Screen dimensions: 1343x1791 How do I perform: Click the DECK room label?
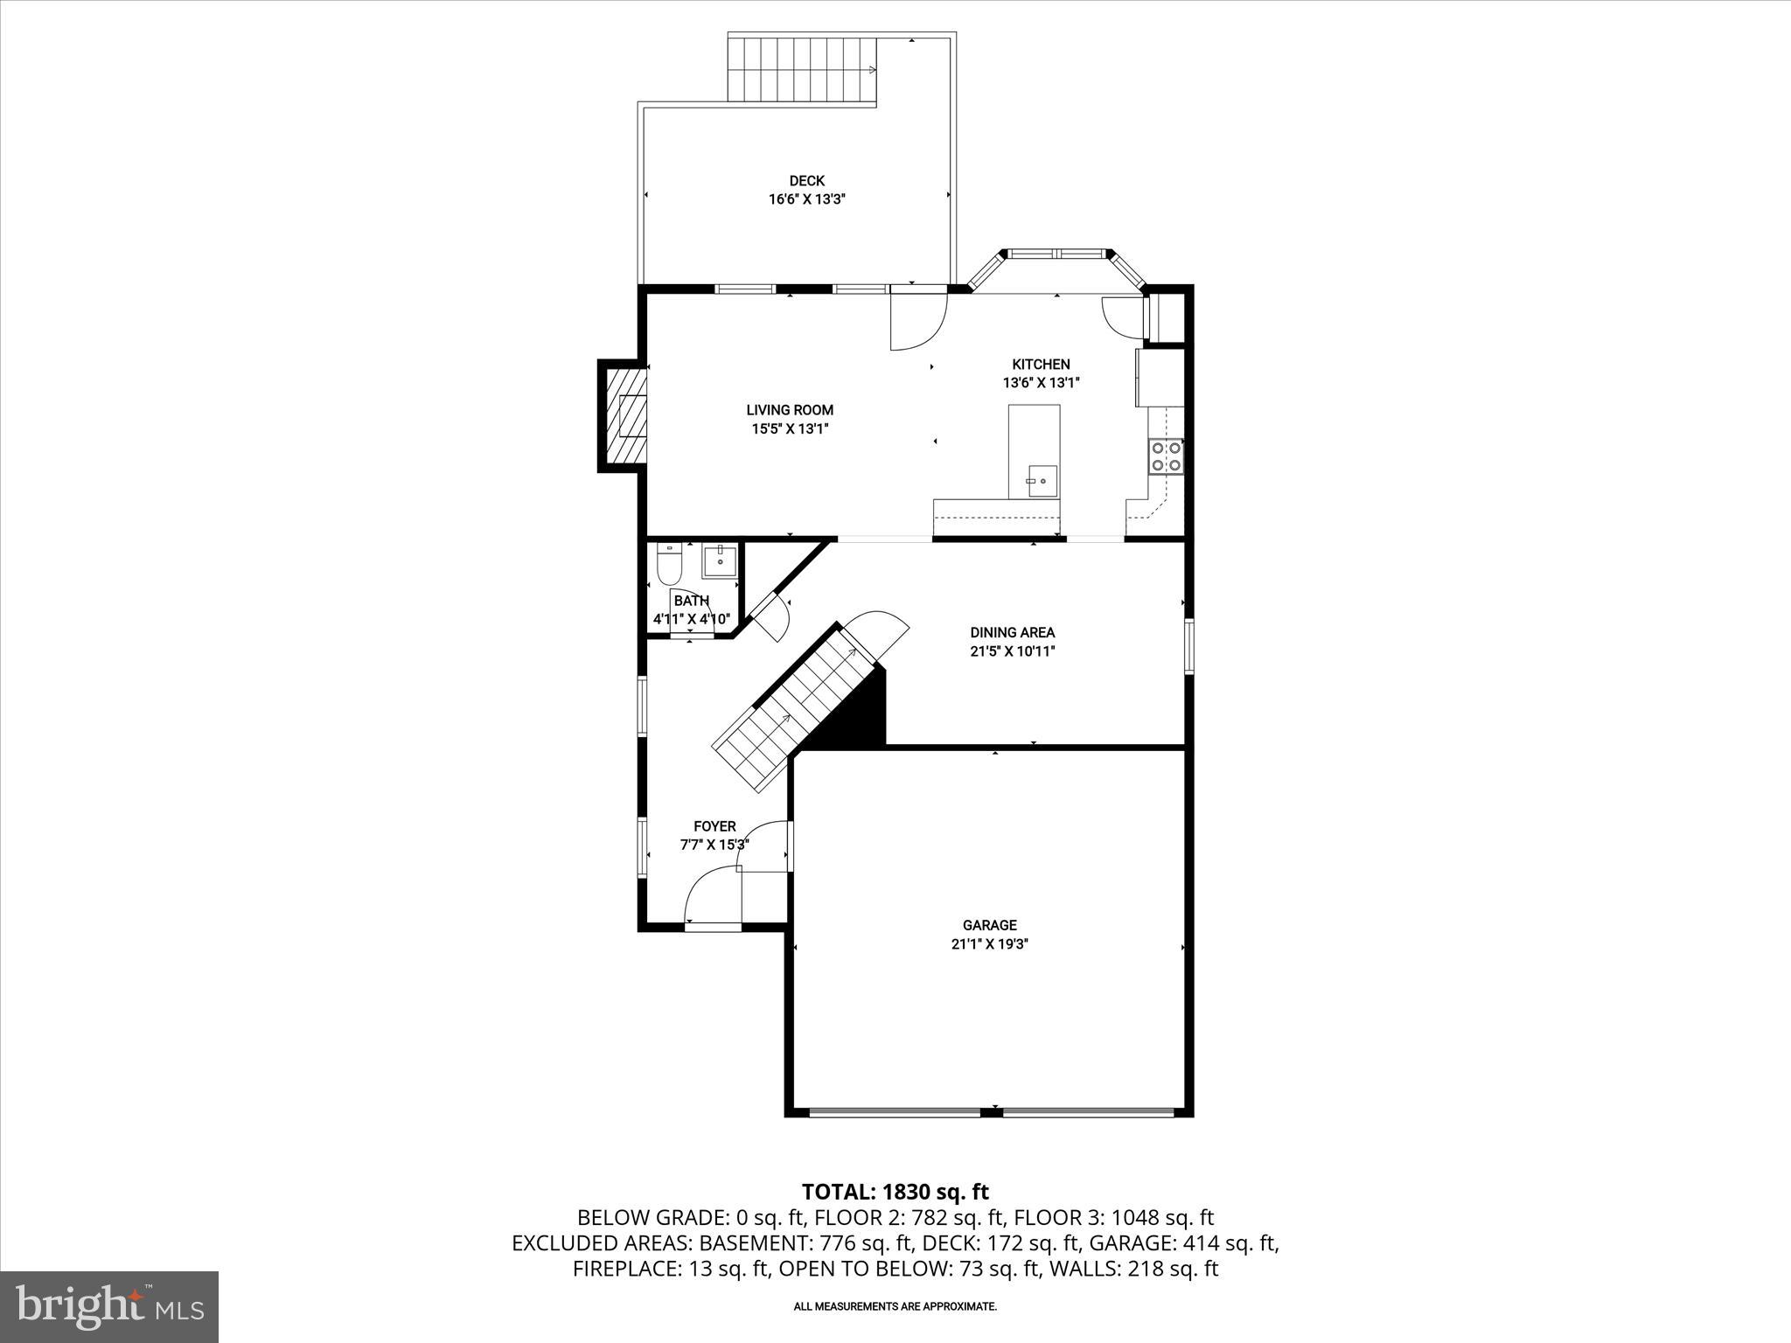tap(806, 181)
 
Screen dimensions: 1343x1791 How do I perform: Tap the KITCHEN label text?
tap(1041, 365)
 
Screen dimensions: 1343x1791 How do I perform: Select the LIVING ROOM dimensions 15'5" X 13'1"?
tap(790, 428)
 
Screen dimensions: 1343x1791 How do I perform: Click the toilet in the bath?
tap(669, 565)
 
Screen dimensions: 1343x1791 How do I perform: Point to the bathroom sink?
tap(720, 560)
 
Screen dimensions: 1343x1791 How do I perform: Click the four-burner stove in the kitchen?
tap(1166, 456)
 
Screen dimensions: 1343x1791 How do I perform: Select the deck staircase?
tap(802, 69)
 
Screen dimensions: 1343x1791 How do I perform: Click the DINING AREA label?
tap(1012, 632)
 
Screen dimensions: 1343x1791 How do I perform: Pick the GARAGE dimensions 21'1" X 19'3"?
tap(989, 944)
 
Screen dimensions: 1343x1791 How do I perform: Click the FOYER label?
tap(714, 826)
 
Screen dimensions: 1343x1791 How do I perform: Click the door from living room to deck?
tap(918, 320)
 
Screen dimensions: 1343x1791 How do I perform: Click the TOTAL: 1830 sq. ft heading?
tap(895, 1192)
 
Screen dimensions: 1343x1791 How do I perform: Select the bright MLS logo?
tap(109, 1306)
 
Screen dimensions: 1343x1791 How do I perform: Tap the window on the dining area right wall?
tap(1188, 646)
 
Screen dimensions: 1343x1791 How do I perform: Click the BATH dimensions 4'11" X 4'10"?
tap(691, 619)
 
